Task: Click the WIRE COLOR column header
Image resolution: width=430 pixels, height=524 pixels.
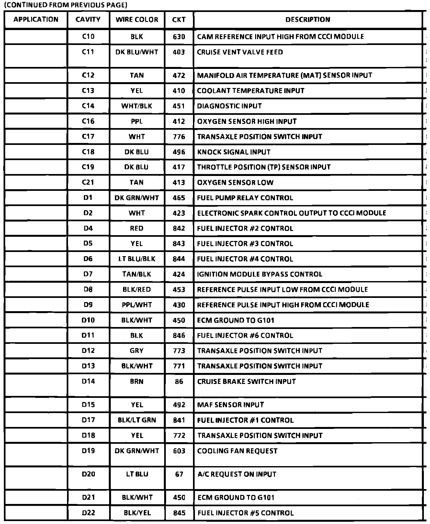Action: pos(137,20)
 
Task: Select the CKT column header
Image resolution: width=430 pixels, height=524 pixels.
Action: pos(179,20)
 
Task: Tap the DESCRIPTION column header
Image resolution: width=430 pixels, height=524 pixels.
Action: pos(308,20)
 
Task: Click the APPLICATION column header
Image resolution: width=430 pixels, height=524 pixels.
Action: pos(36,20)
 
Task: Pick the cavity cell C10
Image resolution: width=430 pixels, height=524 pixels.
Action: pos(88,37)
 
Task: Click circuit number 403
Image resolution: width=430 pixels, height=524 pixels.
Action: pos(179,52)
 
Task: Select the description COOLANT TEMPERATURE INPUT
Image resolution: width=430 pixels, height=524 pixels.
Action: pos(251,91)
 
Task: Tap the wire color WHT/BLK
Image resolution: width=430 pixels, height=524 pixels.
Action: pos(137,106)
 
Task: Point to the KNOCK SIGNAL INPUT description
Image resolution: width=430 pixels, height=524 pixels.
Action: pos(234,152)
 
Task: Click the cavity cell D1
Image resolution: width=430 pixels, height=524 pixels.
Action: pos(88,198)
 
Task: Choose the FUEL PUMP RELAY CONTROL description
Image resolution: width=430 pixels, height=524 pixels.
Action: pos(245,198)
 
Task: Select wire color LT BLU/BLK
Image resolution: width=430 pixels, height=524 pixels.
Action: pos(137,259)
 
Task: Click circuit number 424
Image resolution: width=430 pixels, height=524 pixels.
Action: pos(179,274)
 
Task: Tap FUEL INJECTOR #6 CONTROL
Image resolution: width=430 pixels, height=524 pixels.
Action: pos(245,335)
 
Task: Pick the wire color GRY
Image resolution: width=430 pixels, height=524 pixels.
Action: pos(137,351)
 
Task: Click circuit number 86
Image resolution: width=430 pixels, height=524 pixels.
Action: pos(179,382)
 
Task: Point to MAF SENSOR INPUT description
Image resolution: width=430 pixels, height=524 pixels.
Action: pos(231,405)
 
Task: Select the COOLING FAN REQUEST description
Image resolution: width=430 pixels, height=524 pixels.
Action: pos(237,451)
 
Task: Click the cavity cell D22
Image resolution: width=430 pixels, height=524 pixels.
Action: pos(88,513)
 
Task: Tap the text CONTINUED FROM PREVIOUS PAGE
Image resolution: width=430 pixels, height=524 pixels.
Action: pos(65,5)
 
